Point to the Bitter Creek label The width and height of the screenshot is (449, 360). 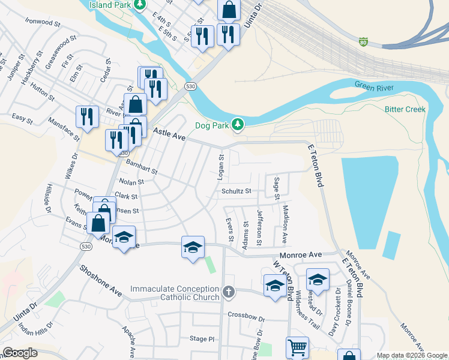click(405, 109)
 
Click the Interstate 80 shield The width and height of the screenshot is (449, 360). click(363, 41)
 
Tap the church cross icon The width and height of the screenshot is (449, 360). click(228, 292)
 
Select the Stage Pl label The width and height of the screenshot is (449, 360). click(202, 339)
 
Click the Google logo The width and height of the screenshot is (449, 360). click(20, 353)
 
